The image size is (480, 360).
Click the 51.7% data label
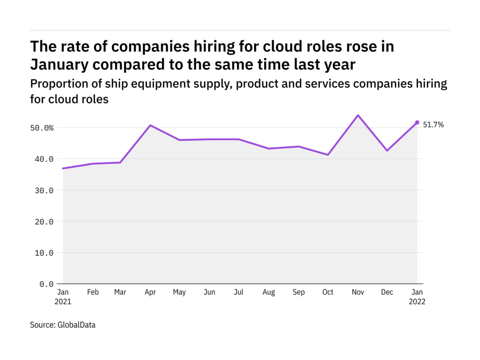pos(433,125)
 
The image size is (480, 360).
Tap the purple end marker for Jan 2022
pos(417,122)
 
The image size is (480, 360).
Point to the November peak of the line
pos(358,115)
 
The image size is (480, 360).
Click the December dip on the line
pos(388,150)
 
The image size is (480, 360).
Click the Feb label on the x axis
pos(93,292)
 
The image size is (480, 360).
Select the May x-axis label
pos(180,292)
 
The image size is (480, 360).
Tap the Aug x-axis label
pos(269,292)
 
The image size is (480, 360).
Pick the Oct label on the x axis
pos(328,292)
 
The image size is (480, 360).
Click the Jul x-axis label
pos(239,292)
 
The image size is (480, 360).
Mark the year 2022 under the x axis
pos(417,301)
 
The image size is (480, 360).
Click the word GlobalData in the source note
pos(77,324)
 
